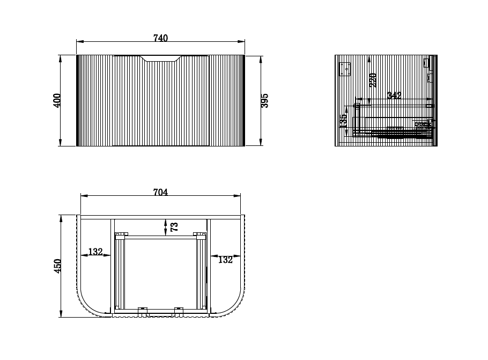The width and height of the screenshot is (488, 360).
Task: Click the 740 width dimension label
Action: [x=161, y=38]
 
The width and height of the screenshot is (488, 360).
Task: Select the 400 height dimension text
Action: [x=57, y=100]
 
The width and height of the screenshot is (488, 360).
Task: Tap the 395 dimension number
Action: [x=264, y=100]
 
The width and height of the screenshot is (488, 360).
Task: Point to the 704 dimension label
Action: [x=160, y=192]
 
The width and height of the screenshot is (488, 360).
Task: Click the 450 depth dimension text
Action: [x=58, y=266]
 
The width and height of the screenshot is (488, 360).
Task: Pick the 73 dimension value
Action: [x=174, y=227]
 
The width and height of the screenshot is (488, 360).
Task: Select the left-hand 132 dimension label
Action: [x=95, y=252]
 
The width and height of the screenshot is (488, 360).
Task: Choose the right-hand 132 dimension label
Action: [x=225, y=260]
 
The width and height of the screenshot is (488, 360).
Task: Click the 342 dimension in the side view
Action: [x=394, y=95]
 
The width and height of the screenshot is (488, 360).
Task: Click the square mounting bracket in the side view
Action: [x=345, y=68]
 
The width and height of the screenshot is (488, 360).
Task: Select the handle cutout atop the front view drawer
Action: [x=161, y=57]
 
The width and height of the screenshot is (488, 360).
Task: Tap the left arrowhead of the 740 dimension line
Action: [x=79, y=41]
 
